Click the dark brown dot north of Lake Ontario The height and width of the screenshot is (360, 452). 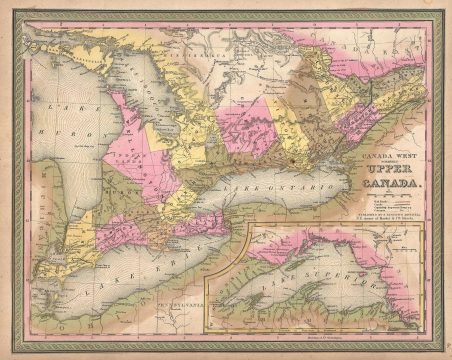tap(287, 159)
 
